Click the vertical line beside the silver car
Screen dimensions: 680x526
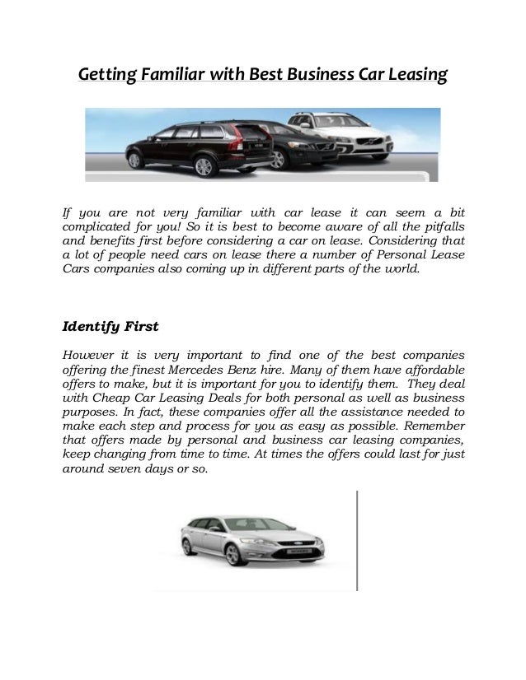tap(357, 539)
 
